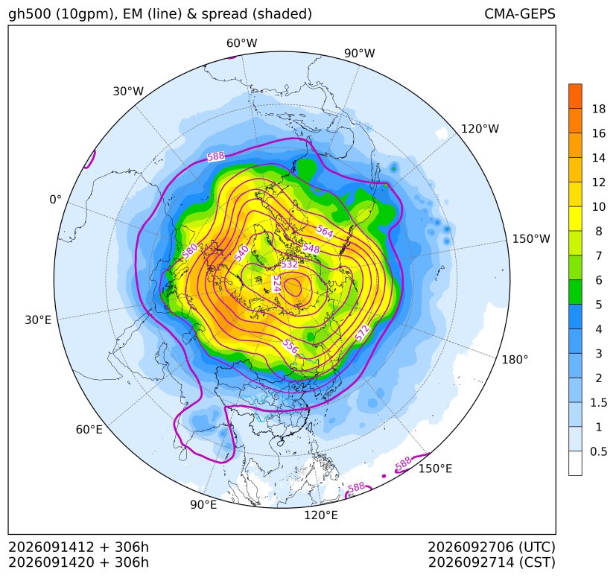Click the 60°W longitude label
coord(241,43)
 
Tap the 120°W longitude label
coord(480,129)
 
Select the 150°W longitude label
coord(531,238)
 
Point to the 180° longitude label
coord(515,360)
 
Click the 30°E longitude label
coord(38,320)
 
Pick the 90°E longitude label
coord(203,504)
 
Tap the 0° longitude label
coord(55,199)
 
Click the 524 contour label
coord(276,283)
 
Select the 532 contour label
coord(289,264)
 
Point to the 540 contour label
coord(241,253)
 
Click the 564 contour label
coord(325,231)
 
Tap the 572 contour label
coord(362,333)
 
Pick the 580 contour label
coord(190,252)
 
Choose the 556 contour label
coord(290,346)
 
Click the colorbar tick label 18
coord(599,109)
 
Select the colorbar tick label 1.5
coord(598,402)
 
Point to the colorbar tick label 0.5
coord(598,451)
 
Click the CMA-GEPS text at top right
coord(520,13)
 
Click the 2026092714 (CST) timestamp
coord(492,562)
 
